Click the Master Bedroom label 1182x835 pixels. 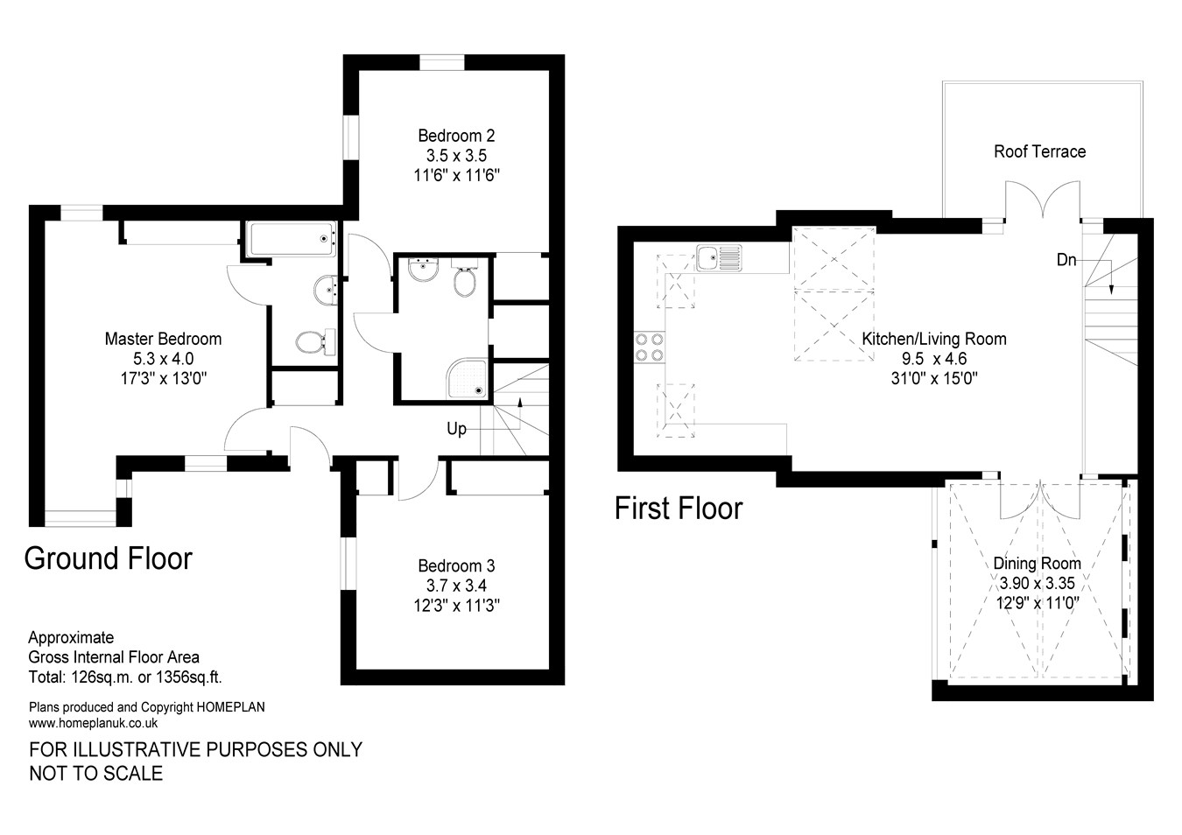(163, 339)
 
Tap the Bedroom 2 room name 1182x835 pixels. (456, 136)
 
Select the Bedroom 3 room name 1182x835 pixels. (456, 566)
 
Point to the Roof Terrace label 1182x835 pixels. (1039, 151)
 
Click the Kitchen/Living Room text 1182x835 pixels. (933, 339)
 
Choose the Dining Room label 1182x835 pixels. (1037, 564)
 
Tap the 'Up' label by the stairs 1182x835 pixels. (456, 429)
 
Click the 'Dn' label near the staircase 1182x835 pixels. (1066, 260)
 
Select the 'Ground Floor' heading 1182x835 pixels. (108, 558)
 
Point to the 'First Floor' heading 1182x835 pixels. (679, 509)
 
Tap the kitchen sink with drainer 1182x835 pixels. (719, 257)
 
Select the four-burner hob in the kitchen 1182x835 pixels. (649, 347)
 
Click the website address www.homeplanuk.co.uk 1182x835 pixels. (93, 723)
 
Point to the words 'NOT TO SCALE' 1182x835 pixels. (96, 773)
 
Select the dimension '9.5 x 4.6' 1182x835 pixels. (933, 359)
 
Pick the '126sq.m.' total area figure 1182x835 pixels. (102, 677)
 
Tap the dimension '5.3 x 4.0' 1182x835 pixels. (163, 359)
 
